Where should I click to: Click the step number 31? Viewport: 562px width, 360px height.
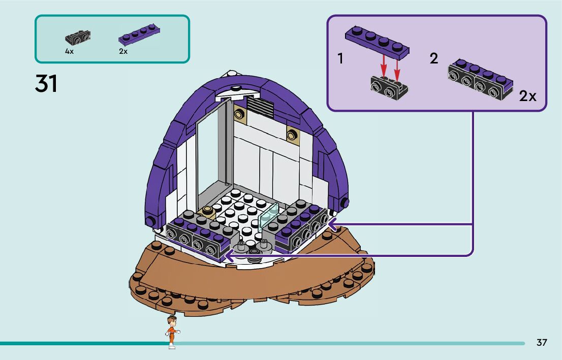[46, 84]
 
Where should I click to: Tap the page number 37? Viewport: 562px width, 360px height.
[542, 343]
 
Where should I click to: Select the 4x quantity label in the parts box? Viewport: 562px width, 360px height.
[69, 52]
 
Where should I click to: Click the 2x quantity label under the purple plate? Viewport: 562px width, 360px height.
[123, 52]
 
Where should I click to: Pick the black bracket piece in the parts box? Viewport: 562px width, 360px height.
[78, 37]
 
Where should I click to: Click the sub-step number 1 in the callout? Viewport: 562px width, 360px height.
[340, 59]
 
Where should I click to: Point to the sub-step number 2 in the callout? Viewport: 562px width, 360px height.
[433, 58]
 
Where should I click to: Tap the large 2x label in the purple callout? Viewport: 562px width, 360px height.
[527, 96]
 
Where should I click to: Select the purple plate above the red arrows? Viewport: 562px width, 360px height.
[378, 40]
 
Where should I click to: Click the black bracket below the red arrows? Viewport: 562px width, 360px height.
[389, 87]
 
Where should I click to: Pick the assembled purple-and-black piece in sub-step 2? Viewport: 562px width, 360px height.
[480, 79]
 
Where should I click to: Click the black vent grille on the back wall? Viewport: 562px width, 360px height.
[259, 106]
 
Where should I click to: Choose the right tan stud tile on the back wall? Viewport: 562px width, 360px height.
[292, 134]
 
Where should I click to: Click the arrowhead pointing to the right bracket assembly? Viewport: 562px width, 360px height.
[332, 223]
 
